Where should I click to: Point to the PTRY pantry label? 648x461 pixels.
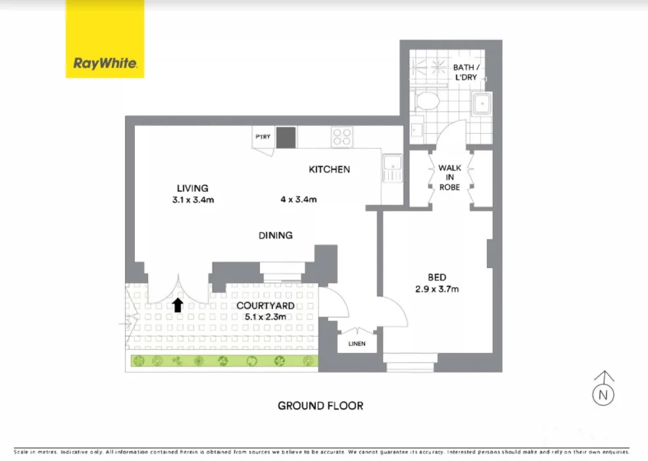click(x=263, y=137)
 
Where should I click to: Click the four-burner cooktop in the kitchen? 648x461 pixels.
click(x=342, y=136)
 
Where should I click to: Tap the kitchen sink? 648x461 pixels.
click(x=392, y=169)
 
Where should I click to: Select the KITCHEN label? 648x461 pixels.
click(x=330, y=170)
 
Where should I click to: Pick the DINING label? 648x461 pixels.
click(x=275, y=235)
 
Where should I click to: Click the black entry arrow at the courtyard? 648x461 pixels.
click(x=177, y=304)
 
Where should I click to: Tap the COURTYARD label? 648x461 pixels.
click(x=265, y=306)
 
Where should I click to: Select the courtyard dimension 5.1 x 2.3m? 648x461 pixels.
click(x=265, y=317)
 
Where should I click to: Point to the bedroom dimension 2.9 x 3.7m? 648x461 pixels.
click(x=437, y=288)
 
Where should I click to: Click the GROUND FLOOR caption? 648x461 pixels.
click(x=320, y=406)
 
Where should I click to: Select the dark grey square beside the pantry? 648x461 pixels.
click(x=286, y=137)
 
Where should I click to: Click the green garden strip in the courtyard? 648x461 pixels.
click(x=224, y=361)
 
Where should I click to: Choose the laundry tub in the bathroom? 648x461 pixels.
click(x=484, y=103)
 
